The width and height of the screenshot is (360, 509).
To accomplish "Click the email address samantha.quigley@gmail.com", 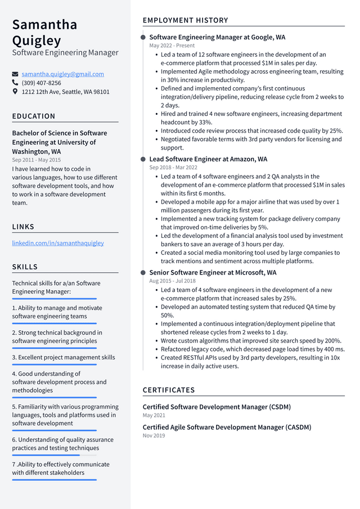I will tap(62, 74).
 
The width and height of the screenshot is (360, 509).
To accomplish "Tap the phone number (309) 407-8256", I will tap(41, 83).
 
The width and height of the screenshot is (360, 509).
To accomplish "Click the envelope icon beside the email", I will tap(15, 74).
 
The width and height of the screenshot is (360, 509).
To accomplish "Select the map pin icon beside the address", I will tap(15, 91).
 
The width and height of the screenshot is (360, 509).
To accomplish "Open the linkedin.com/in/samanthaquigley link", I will tap(58, 243).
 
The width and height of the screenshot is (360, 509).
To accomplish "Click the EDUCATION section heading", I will tap(34, 116).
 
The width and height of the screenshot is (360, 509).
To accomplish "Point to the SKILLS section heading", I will tap(25, 267).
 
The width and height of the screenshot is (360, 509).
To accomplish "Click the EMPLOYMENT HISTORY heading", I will tap(185, 20).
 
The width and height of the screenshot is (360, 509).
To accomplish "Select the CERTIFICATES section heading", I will tap(169, 390).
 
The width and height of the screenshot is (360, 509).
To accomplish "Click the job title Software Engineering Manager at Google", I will tap(217, 37).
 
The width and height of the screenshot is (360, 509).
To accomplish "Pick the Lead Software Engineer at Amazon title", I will tap(208, 159).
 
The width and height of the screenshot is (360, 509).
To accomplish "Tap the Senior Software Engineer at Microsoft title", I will tap(213, 272).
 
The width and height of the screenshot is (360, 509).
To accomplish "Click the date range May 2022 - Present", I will tap(172, 46).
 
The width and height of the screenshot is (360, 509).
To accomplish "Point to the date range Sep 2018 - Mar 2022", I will tap(173, 168).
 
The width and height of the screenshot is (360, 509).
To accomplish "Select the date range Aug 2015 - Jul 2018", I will tap(172, 281).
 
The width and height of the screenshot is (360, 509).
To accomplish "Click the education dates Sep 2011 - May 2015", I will tap(36, 160).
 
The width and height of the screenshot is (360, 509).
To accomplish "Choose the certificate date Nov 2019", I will tap(154, 435).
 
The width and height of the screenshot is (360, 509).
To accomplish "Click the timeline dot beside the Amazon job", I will tap(143, 159).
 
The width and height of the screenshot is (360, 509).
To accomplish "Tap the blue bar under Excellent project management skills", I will tap(54, 364).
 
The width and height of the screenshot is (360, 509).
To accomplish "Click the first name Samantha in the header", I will tap(44, 25).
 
